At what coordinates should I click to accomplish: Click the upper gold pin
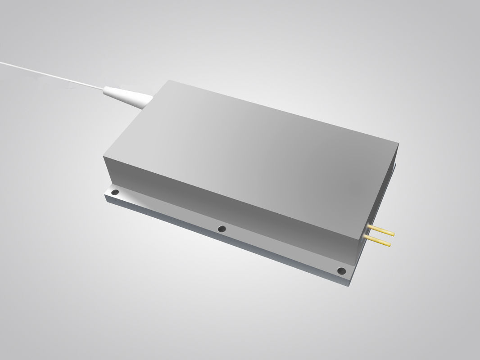[381, 229]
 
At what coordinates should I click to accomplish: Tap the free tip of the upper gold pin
[394, 234]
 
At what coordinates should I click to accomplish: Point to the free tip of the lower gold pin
[390, 245]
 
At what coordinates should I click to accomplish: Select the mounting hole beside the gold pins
[341, 271]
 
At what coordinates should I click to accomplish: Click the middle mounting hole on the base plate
[222, 229]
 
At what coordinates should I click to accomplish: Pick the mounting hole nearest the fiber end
[115, 192]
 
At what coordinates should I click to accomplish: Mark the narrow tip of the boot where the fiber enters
[104, 91]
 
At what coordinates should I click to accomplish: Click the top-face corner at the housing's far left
[104, 156]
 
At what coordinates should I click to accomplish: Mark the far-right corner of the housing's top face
[398, 143]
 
